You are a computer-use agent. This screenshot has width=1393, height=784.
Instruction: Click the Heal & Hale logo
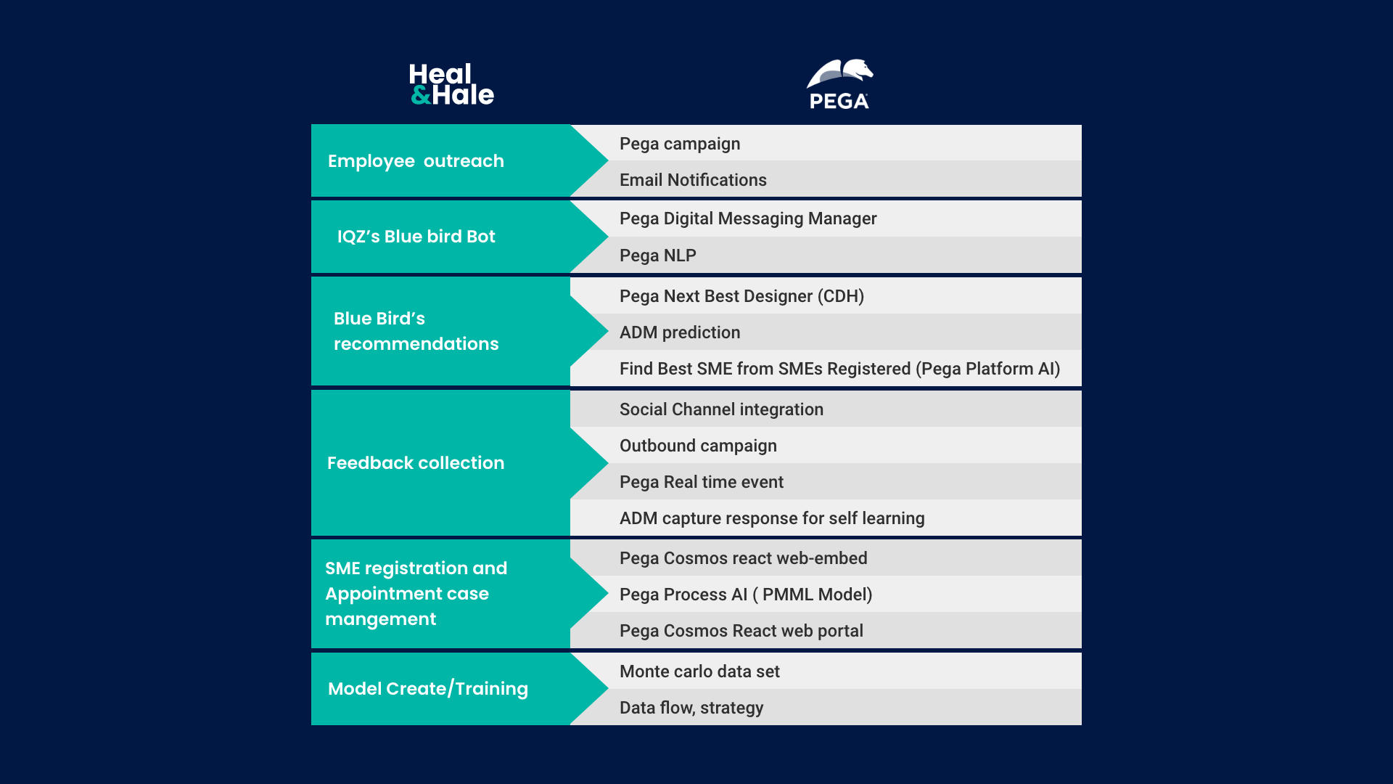(x=451, y=84)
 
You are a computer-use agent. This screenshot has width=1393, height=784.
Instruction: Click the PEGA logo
(x=839, y=84)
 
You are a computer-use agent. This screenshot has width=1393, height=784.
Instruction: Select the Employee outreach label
(x=416, y=161)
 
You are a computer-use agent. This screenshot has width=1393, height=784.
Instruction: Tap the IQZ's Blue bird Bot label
(x=416, y=237)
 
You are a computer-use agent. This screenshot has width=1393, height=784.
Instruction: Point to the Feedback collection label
(x=416, y=463)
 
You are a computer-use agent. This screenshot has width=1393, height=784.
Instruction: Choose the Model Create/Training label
(x=428, y=689)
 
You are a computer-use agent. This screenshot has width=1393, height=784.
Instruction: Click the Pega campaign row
(x=680, y=144)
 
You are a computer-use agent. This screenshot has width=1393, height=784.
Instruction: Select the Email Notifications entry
(x=693, y=180)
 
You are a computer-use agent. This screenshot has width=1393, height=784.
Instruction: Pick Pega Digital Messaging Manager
(x=748, y=219)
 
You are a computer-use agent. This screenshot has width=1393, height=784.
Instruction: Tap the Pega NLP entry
(x=658, y=256)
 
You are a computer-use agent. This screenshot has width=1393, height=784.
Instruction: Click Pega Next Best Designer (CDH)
(x=741, y=296)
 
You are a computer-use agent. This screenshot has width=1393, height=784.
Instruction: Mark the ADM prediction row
(x=680, y=332)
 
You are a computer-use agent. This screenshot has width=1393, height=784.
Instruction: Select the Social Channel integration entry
(x=721, y=409)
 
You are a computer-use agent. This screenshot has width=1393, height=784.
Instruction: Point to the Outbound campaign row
(x=698, y=446)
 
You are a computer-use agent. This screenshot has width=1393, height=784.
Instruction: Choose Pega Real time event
(x=702, y=482)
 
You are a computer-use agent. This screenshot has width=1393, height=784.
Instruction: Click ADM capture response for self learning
(x=772, y=518)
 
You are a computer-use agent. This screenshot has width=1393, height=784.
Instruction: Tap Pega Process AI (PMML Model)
(x=746, y=595)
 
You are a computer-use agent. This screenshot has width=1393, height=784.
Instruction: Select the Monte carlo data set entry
(x=699, y=671)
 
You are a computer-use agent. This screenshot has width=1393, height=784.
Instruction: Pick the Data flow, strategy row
(x=691, y=708)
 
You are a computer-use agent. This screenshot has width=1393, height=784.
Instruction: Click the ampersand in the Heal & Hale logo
(x=421, y=95)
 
